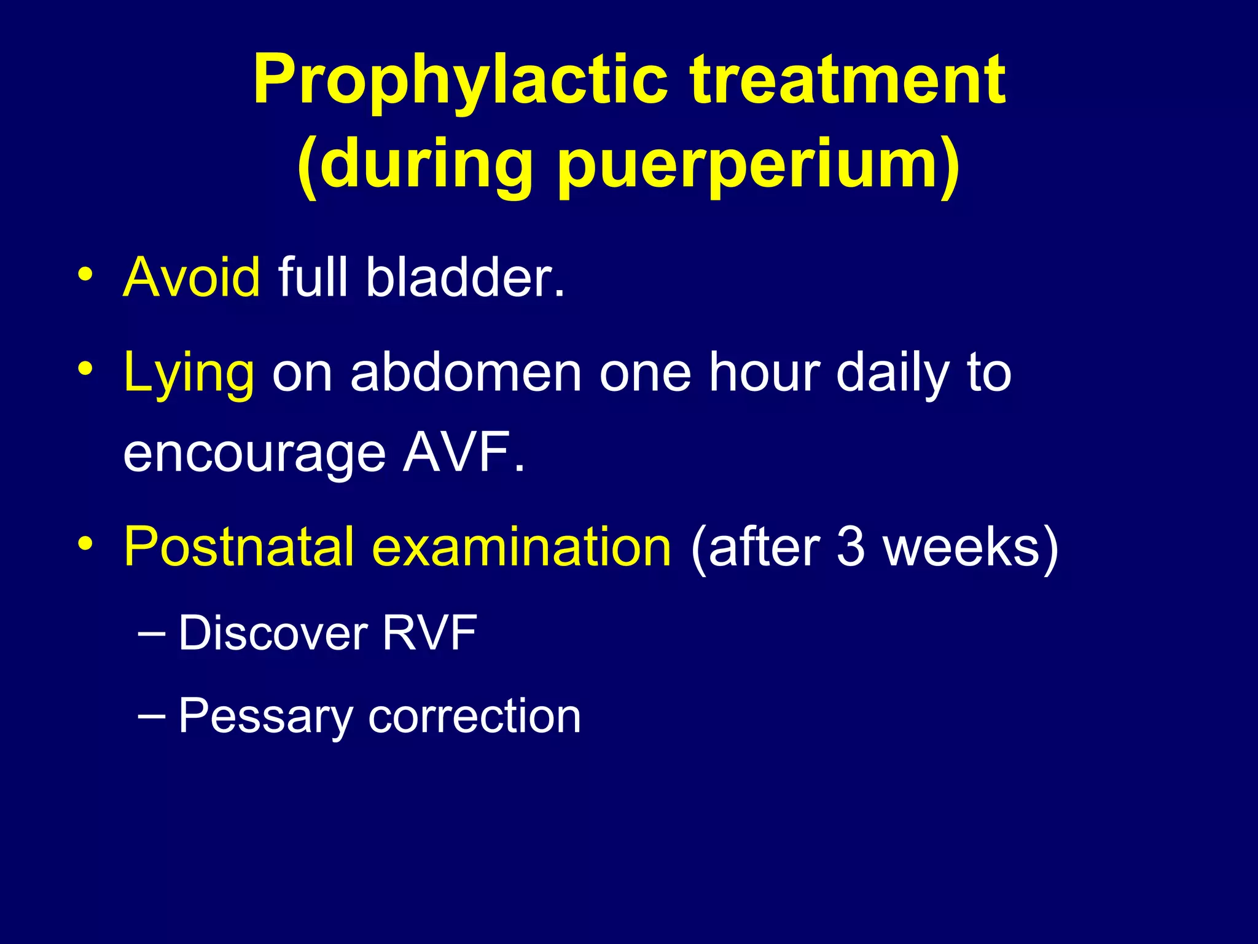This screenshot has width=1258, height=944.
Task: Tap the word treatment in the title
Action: tap(848, 80)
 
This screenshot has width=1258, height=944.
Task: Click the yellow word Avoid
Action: tap(192, 277)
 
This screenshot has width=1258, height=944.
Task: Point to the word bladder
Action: tap(465, 277)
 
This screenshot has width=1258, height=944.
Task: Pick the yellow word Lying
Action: tap(189, 374)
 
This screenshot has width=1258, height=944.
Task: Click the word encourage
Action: tap(254, 454)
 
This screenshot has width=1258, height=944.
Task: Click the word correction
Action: tap(474, 717)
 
